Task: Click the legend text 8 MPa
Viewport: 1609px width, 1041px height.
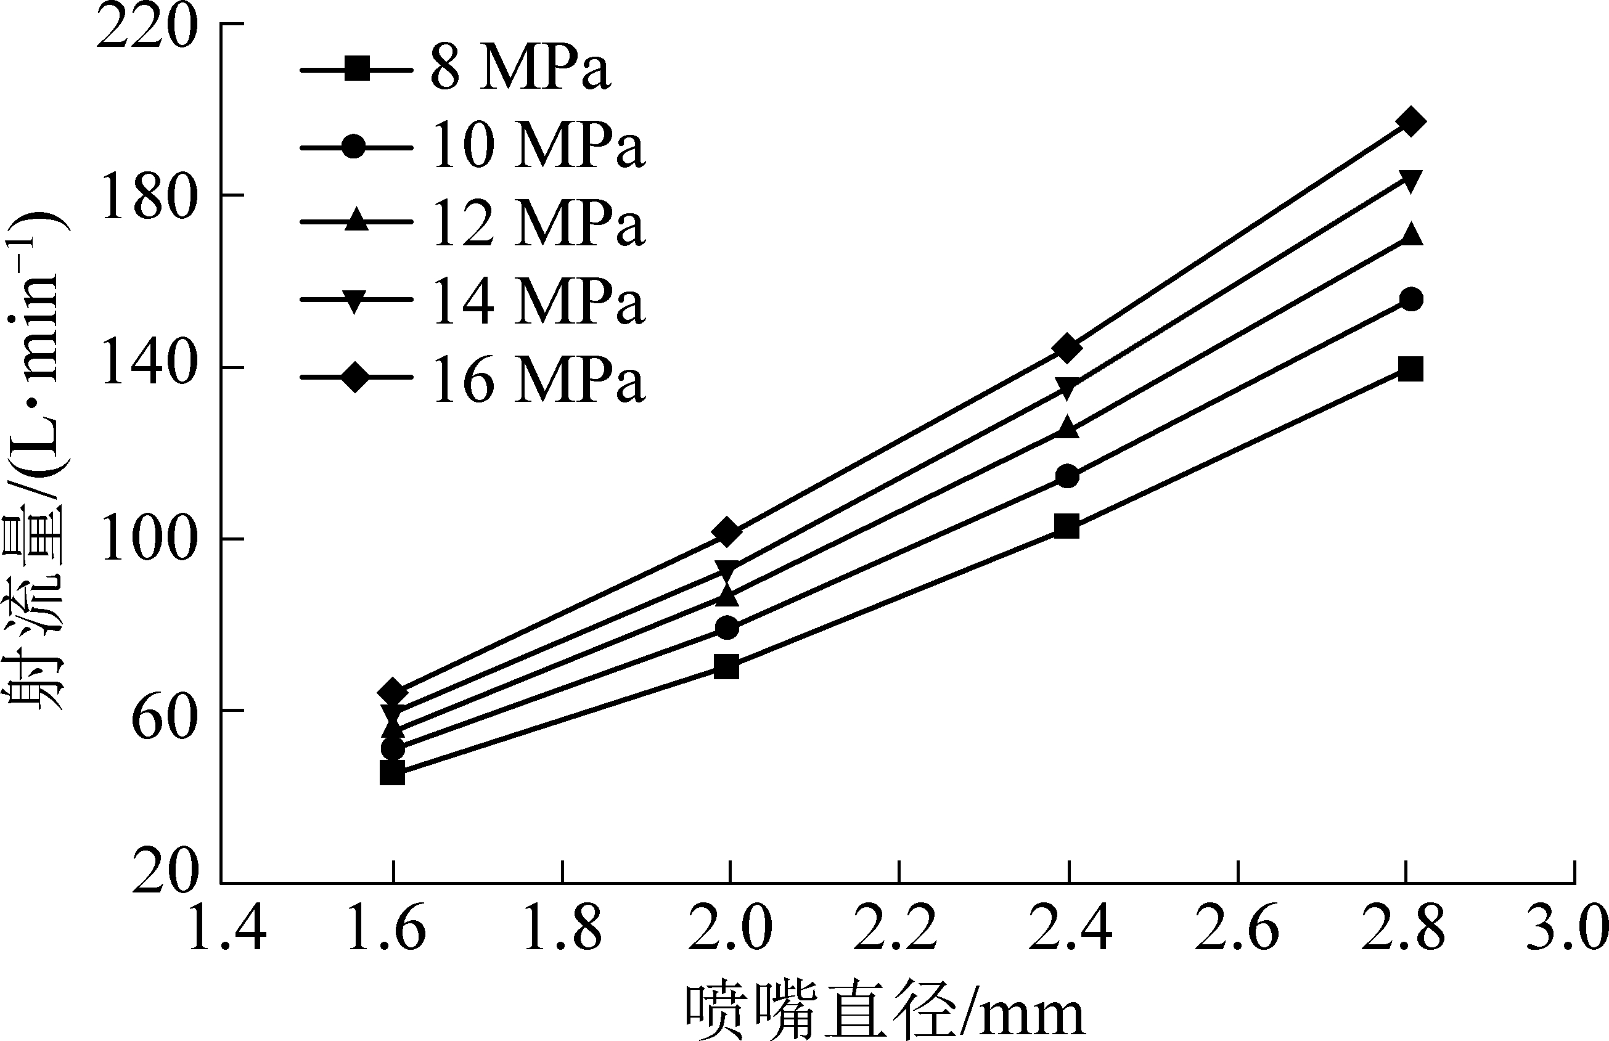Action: pos(520,68)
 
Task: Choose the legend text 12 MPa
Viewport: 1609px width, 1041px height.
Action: pos(538,224)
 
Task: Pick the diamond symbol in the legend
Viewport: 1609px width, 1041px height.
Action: pos(356,377)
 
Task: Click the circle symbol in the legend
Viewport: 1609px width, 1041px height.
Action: pos(356,146)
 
